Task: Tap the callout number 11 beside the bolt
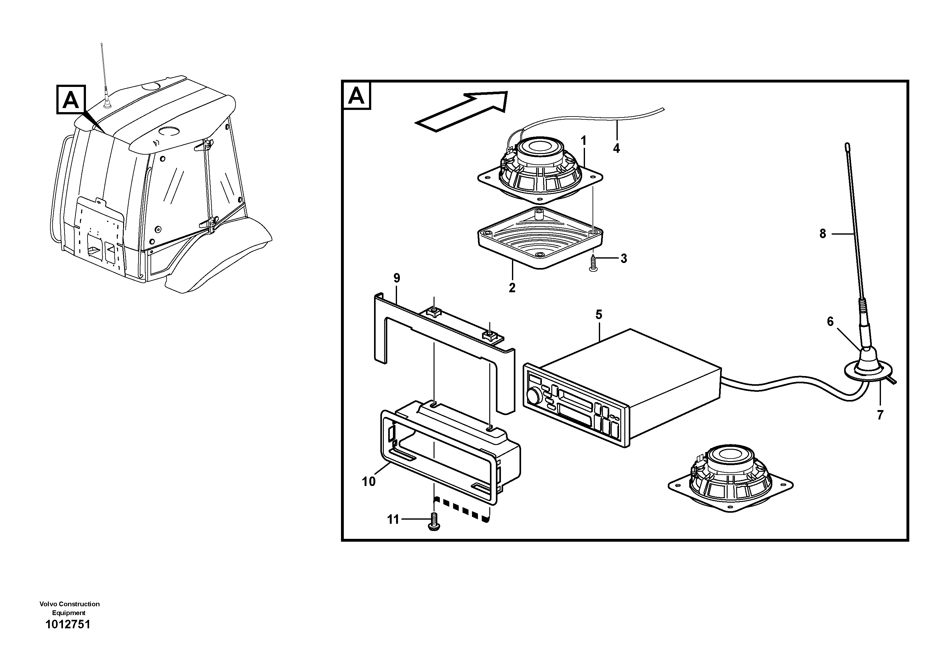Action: tap(393, 520)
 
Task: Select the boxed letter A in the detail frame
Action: tap(357, 96)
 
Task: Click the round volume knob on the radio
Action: tap(533, 396)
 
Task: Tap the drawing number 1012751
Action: tap(68, 625)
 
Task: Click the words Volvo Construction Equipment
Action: tap(69, 608)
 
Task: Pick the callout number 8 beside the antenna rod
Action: tap(822, 234)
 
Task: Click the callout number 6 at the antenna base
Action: tap(830, 322)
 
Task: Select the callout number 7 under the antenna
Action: tap(880, 415)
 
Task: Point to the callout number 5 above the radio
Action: tap(599, 315)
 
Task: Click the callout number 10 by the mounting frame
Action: tap(368, 482)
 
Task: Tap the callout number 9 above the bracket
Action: tap(397, 278)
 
